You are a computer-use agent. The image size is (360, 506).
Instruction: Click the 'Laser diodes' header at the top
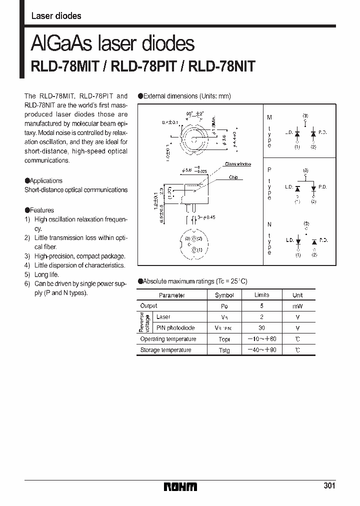[x=56, y=15]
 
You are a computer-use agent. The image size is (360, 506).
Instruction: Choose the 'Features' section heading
[x=41, y=210]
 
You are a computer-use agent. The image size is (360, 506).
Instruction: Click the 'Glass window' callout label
[x=237, y=164]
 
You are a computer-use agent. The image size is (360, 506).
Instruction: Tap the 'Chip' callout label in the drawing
[x=233, y=177]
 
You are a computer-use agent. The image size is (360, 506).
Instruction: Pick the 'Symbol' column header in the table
[x=224, y=295]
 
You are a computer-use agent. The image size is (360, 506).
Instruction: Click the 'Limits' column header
[x=261, y=295]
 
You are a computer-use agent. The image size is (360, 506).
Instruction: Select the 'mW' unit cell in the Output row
[x=298, y=306]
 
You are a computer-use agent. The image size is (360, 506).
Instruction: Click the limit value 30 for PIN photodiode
[x=261, y=328]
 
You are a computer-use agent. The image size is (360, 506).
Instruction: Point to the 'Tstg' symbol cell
[x=224, y=350]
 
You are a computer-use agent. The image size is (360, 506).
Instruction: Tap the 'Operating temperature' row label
[x=168, y=339]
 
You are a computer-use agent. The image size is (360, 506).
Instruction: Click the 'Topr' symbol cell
[x=224, y=339]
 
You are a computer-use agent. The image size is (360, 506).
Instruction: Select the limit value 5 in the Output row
[x=261, y=306]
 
